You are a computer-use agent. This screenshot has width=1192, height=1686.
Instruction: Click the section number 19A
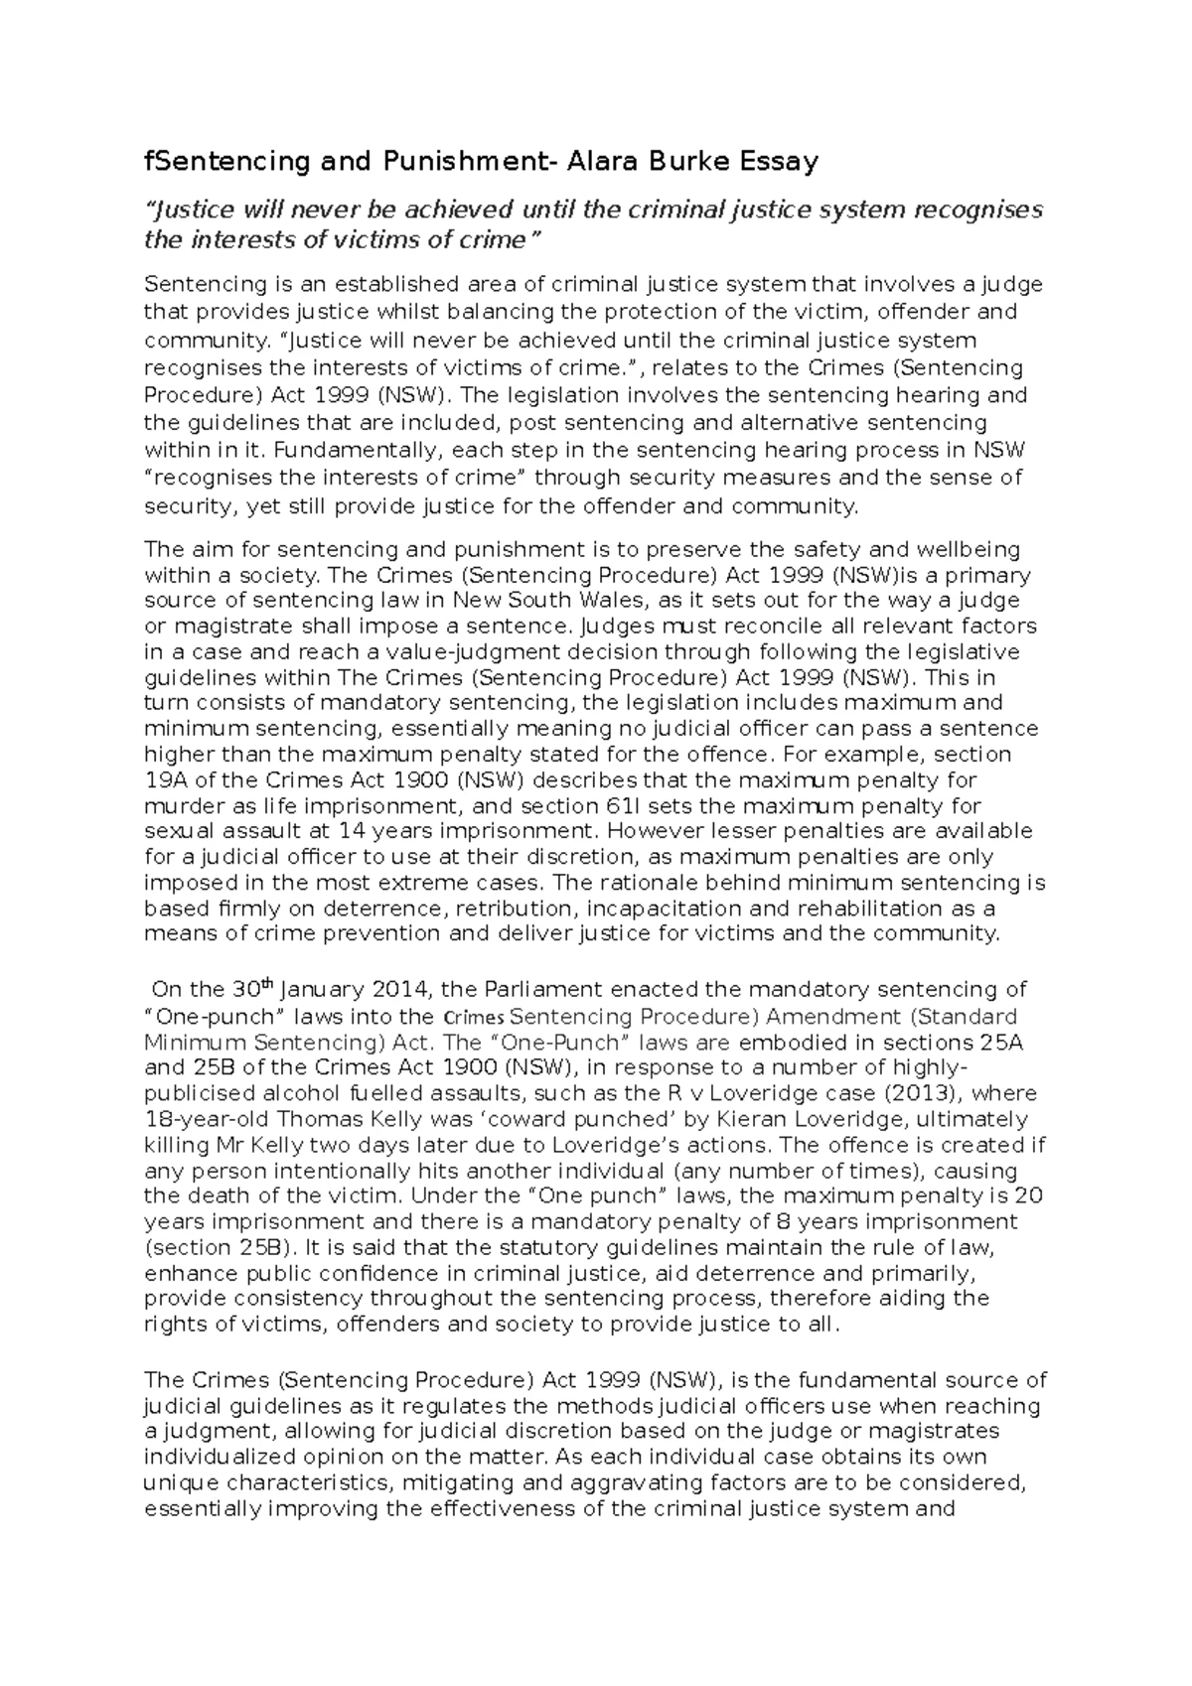tap(165, 780)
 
